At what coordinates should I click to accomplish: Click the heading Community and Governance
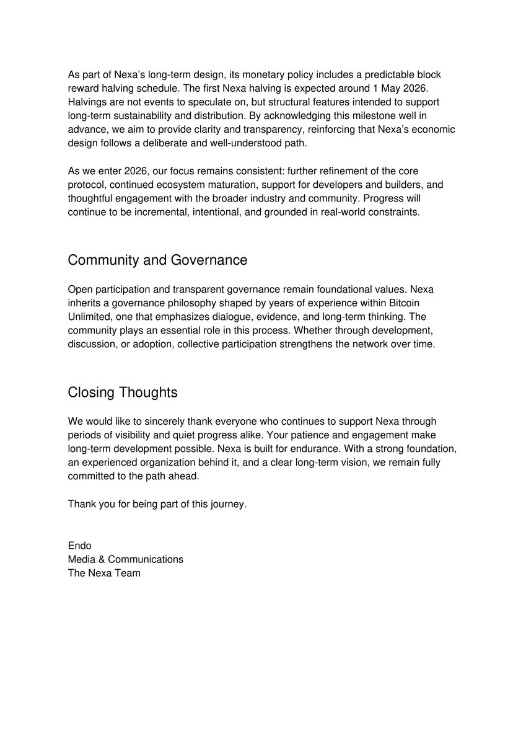tap(157, 260)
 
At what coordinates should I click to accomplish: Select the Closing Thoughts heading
tap(123, 392)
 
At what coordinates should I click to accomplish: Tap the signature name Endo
tap(80, 546)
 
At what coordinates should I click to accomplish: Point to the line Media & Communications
tap(126, 559)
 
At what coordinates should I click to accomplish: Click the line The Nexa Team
tap(104, 573)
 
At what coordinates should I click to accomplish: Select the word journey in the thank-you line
tap(227, 504)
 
